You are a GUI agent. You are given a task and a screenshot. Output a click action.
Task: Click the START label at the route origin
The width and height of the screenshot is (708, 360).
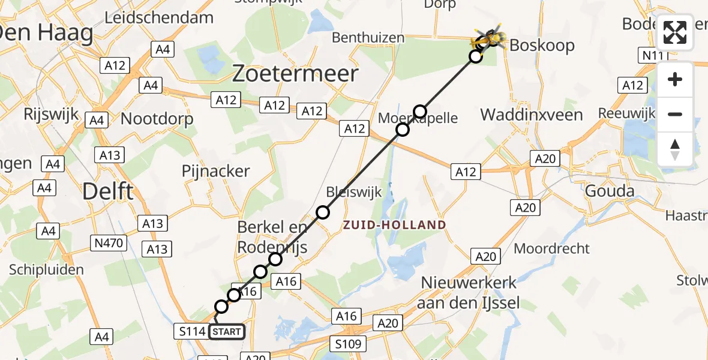(227, 331)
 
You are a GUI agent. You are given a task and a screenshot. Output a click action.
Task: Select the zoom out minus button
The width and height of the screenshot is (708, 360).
(675, 114)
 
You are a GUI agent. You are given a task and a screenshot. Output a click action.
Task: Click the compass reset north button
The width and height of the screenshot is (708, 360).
(675, 149)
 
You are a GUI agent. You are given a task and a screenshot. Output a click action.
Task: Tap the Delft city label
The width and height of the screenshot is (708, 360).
(108, 192)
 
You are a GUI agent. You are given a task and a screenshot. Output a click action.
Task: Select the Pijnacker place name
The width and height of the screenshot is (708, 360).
(216, 171)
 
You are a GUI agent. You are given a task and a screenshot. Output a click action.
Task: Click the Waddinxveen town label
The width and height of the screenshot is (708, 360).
(532, 115)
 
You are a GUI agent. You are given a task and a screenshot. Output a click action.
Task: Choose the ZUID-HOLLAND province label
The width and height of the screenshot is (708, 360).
(394, 226)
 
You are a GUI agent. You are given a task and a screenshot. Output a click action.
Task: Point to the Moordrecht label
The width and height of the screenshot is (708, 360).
(552, 248)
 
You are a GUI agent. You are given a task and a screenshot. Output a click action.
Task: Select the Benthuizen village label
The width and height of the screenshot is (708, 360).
(368, 38)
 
